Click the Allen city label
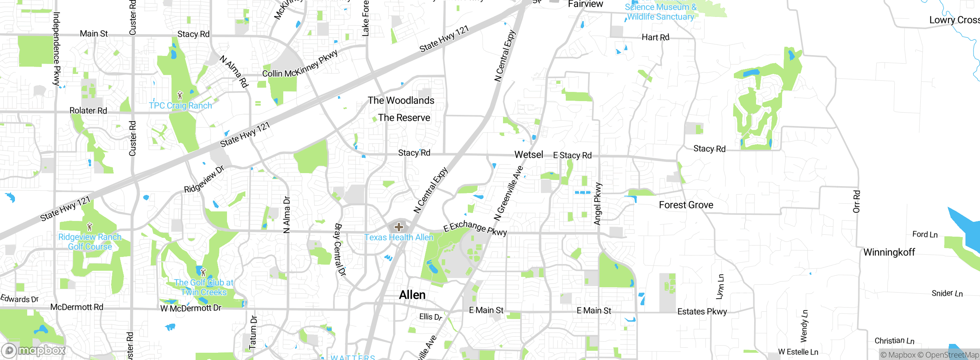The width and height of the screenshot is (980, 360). (412, 295)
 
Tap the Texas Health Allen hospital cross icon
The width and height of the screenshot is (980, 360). (399, 227)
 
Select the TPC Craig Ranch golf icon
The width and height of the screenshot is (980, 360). (180, 95)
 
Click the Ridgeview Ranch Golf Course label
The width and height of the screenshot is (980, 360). (90, 242)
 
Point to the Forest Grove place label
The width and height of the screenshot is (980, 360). (686, 205)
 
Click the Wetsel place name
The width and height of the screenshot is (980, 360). (529, 154)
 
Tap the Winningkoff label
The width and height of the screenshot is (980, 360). (889, 252)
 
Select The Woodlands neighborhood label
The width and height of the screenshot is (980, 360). (401, 100)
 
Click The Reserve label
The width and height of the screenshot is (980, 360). (404, 118)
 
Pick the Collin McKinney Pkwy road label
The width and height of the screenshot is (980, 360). (300, 64)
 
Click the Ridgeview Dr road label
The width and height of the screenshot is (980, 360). (204, 179)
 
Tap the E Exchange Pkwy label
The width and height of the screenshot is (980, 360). (475, 227)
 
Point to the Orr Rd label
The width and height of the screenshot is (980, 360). (856, 201)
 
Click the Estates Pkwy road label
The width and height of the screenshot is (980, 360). (702, 311)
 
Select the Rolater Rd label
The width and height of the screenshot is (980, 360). (88, 110)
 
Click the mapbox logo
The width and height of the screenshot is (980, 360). (34, 350)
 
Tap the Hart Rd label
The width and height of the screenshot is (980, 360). (655, 37)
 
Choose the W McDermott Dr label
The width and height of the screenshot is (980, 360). (191, 308)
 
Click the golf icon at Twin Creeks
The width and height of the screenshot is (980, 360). (203, 273)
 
